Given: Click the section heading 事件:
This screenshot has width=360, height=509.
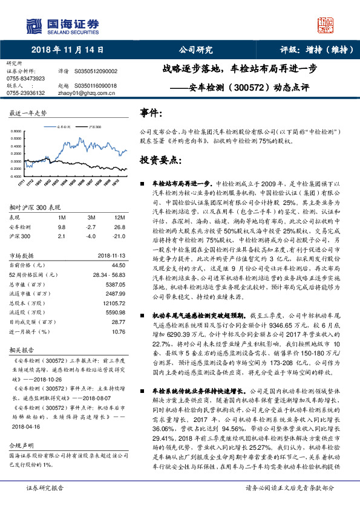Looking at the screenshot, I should (151, 113).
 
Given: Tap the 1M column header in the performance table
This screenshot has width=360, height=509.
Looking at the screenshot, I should (62, 217).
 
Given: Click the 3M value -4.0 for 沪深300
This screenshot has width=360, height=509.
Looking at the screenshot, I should (91, 236).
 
